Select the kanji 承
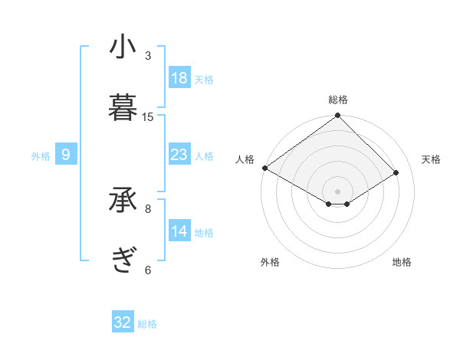(123, 201)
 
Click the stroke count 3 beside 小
(148, 55)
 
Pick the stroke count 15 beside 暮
(148, 116)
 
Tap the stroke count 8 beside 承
(148, 208)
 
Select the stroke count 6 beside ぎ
(148, 269)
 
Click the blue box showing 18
(179, 77)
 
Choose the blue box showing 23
(179, 155)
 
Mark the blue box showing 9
(66, 155)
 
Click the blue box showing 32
(123, 322)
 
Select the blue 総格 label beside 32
(147, 324)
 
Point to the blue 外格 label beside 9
(41, 156)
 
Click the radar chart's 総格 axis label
(338, 100)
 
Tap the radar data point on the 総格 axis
(338, 116)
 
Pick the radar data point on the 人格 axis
(264, 168)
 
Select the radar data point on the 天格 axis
(396, 172)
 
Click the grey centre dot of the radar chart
(338, 191)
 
